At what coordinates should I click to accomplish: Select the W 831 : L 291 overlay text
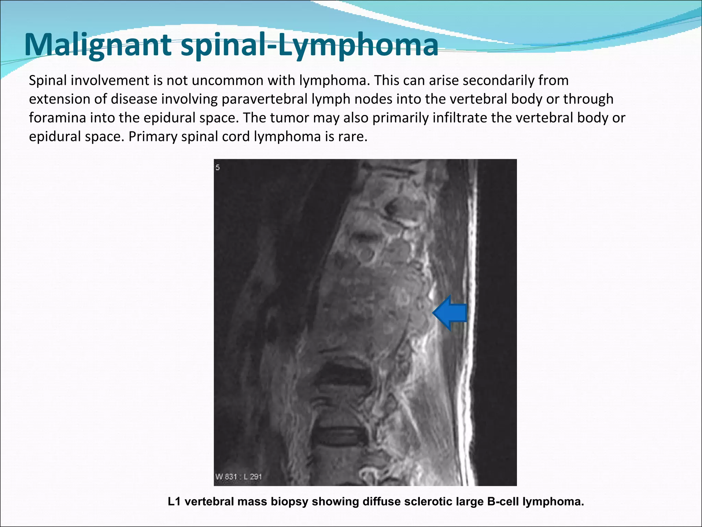(x=239, y=477)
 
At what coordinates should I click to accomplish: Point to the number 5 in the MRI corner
(x=218, y=167)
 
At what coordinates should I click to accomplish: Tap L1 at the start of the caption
(x=175, y=502)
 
